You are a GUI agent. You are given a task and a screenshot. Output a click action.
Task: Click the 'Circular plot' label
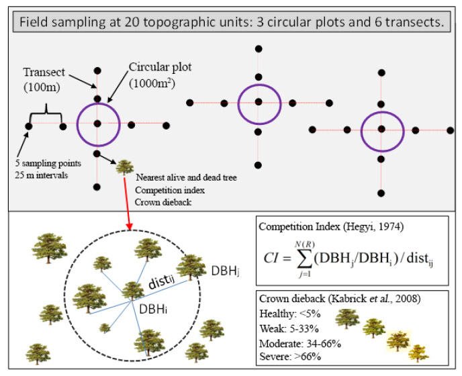[160, 68]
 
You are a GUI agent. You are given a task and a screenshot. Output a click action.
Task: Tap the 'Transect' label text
[44, 73]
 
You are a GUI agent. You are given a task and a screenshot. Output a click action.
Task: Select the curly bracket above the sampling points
[46, 113]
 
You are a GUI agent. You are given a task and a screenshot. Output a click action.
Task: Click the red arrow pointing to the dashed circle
[127, 203]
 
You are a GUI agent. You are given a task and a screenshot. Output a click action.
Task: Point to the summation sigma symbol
[305, 258]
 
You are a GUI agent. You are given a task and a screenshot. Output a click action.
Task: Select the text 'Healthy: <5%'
[290, 314]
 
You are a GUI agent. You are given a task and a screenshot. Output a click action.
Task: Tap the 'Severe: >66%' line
[290, 357]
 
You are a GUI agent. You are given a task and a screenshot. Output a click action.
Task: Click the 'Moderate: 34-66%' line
[300, 344]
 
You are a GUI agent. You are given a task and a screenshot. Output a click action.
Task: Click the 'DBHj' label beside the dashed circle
[225, 271]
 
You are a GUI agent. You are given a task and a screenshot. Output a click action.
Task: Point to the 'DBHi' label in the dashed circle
[153, 309]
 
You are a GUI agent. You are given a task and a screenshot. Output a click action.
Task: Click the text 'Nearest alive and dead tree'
[186, 177]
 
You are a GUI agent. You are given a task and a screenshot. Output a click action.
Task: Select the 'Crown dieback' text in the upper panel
[163, 202]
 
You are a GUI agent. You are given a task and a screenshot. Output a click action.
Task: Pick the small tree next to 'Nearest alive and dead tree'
[125, 167]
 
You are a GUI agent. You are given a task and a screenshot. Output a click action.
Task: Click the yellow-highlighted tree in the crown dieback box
[398, 341]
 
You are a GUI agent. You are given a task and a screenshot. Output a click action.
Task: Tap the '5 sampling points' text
[48, 163]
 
